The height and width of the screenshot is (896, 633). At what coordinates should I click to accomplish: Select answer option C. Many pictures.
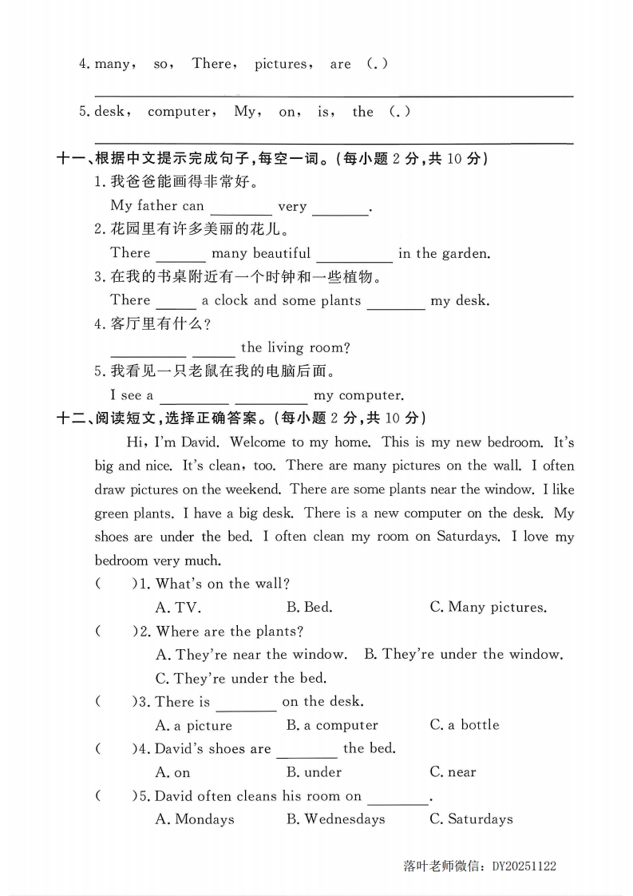[488, 607]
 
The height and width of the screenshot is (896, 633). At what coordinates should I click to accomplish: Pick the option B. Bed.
[310, 607]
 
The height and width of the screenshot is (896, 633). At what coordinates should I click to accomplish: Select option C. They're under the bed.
[241, 678]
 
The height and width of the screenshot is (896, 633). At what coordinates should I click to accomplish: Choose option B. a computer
[332, 725]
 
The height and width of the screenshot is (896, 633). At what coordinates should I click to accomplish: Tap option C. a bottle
[464, 725]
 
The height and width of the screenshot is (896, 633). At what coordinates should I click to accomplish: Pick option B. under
[314, 772]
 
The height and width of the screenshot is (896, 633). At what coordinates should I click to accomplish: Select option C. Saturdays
[471, 819]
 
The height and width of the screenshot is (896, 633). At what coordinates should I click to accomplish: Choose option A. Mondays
[195, 819]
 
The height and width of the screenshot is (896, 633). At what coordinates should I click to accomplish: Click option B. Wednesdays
[335, 819]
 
